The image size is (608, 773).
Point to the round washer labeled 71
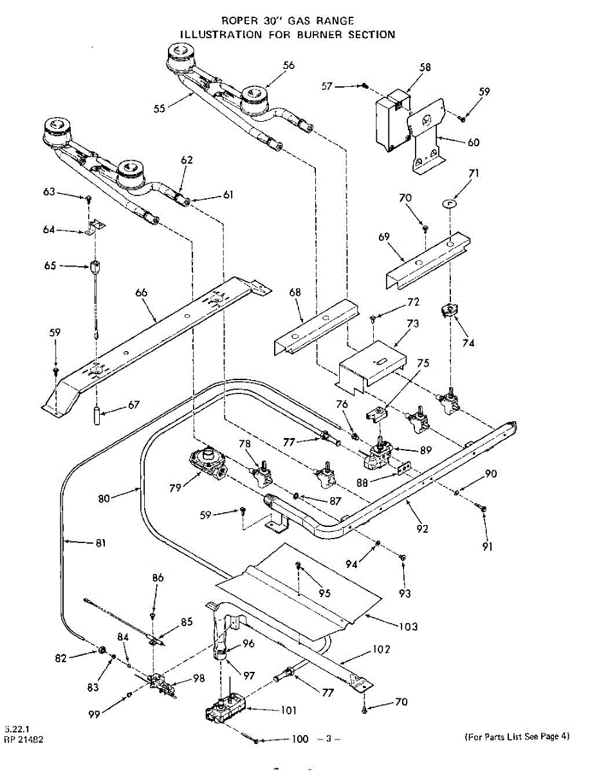coord(449,204)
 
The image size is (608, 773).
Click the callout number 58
coord(425,67)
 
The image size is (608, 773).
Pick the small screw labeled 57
coord(364,86)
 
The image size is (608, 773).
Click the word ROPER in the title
coord(239,21)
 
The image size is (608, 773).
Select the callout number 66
coord(141,292)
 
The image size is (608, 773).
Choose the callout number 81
coord(100,543)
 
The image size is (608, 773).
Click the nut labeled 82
coord(102,648)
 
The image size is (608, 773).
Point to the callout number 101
coord(289,711)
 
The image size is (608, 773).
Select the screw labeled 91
coord(483,509)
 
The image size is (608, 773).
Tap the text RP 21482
coord(24,740)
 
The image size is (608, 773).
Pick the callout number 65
coord(50,265)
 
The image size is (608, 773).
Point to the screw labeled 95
coord(299,566)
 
